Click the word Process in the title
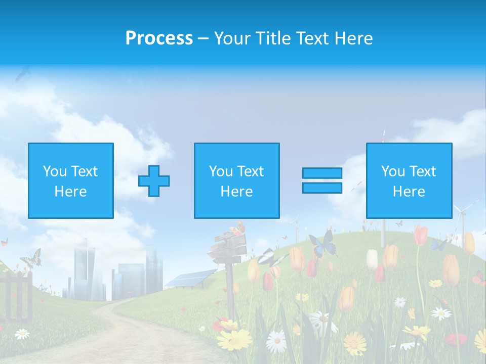pos(159,38)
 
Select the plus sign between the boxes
pos(154,181)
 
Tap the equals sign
pos(322,180)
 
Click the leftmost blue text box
pos(71,180)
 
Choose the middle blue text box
pos(236,180)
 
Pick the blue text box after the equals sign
pos(409,180)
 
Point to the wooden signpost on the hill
pos(229,253)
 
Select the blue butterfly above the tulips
pos(323,245)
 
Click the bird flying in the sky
pos(22,74)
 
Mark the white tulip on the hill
pos(372,259)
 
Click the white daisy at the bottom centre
pos(276,341)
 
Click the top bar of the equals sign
pos(322,173)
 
